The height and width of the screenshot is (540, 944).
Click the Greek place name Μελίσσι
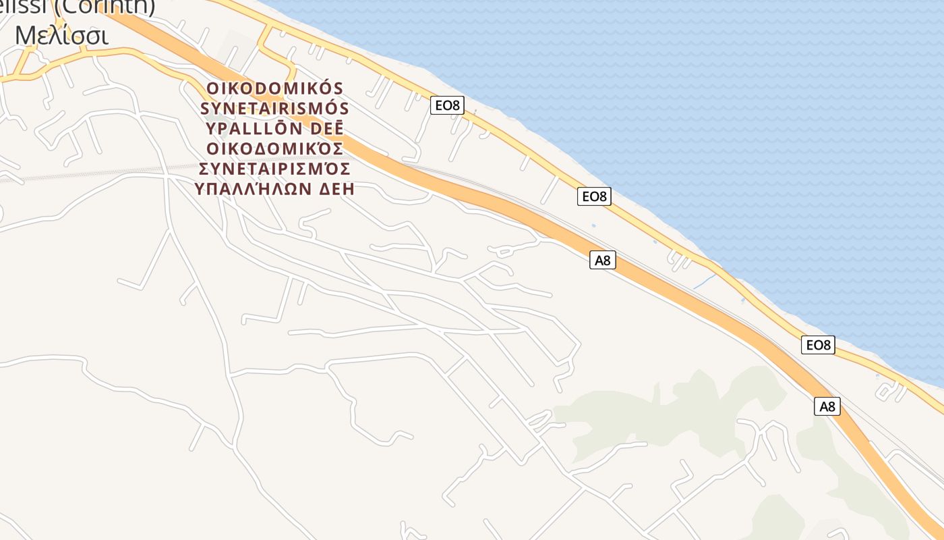pos(61,35)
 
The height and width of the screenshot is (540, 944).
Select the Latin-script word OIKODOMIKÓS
pos(275,88)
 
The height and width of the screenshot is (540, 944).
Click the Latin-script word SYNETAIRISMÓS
pos(275,109)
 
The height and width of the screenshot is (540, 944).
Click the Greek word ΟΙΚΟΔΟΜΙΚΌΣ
pos(275,148)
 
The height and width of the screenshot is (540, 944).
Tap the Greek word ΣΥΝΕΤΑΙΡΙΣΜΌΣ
pos(275,168)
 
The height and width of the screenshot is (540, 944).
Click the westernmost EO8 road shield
pos(447,105)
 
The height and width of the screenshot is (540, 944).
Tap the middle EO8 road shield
pos(594,196)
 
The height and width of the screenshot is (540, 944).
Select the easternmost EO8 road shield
pos(818,345)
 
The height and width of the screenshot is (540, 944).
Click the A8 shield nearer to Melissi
pos(603,260)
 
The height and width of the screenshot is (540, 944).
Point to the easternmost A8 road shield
pos(827,406)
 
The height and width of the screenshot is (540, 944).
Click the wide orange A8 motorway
pos(472,196)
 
